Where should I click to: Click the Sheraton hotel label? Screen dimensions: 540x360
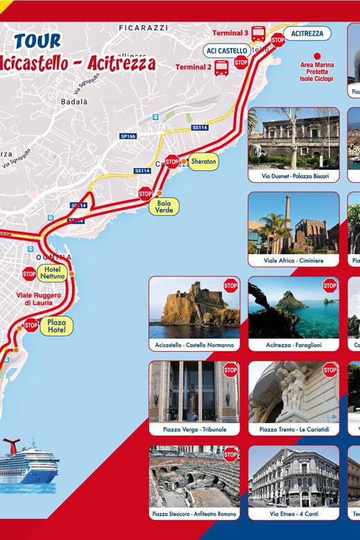[x=204, y=161]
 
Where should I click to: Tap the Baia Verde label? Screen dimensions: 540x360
[x=164, y=206]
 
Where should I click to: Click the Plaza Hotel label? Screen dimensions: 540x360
[x=56, y=326]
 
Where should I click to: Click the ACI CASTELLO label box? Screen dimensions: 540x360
[x=226, y=51]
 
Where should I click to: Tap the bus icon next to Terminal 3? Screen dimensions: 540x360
[x=258, y=33]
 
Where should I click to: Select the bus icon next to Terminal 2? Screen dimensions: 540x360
[x=222, y=68]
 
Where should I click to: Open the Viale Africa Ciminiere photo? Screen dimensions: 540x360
[x=294, y=222]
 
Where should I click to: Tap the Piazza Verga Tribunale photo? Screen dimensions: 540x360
[x=194, y=391]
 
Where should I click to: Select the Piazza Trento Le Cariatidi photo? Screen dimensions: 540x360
[x=294, y=391]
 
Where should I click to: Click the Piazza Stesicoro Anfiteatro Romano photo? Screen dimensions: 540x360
[x=194, y=476]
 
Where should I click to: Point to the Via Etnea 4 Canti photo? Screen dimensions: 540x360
[x=294, y=476]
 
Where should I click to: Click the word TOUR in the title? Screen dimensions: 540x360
[x=37, y=42]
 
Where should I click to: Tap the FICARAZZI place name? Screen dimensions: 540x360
[x=143, y=28]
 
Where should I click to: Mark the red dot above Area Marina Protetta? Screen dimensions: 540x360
[x=317, y=56]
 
